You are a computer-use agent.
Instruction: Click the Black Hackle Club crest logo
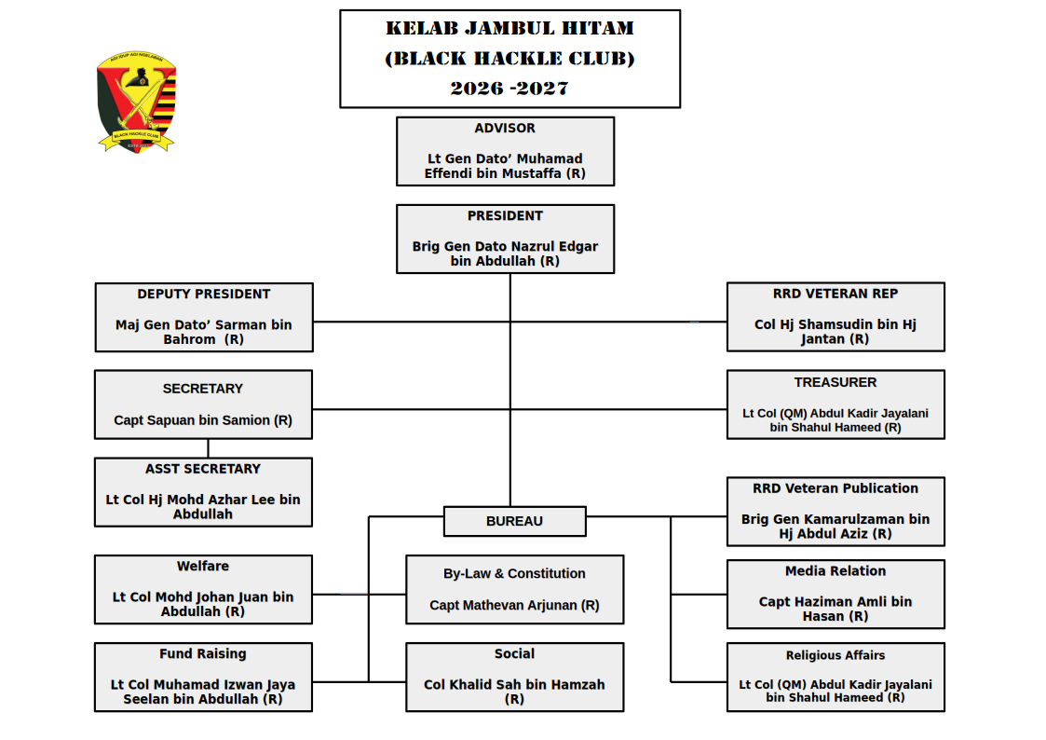[x=136, y=101]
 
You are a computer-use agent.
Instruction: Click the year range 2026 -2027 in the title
[x=509, y=89]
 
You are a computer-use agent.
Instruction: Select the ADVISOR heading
[x=505, y=129]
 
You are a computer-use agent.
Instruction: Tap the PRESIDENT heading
[x=505, y=216]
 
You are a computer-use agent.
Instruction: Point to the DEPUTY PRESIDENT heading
[x=203, y=295]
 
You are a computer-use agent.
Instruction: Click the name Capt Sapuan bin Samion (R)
[x=203, y=420]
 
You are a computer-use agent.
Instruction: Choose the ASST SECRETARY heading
[x=203, y=469]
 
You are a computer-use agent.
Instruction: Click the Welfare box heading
[x=203, y=567]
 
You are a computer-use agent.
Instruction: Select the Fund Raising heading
[x=203, y=654]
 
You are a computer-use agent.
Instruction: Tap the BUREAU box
[x=514, y=521]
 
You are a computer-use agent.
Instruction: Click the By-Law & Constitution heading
[x=514, y=574]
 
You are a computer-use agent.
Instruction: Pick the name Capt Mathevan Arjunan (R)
[x=514, y=606]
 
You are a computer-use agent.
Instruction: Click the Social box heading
[x=514, y=654]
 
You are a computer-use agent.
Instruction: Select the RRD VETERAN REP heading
[x=835, y=294]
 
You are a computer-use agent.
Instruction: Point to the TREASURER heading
[x=835, y=382]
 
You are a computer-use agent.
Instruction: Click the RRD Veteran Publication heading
[x=835, y=488]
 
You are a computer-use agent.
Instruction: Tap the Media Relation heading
[x=835, y=571]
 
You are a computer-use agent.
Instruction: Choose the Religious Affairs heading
[x=835, y=655]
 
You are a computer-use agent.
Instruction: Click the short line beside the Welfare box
[x=354, y=594]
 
